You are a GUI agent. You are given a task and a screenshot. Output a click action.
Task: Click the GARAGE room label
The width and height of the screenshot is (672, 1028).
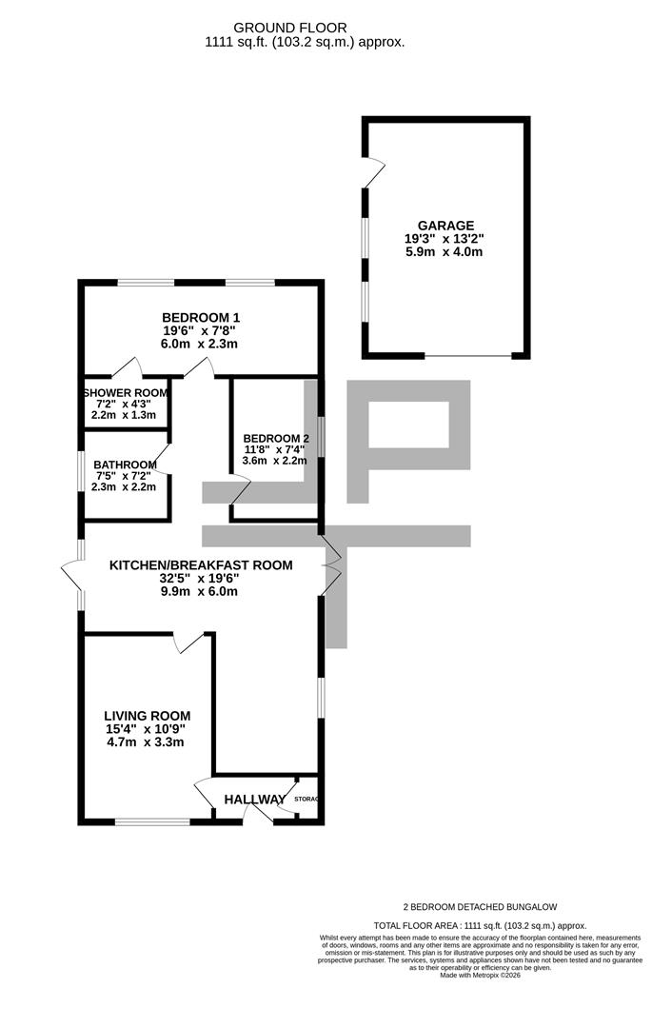[x=445, y=226]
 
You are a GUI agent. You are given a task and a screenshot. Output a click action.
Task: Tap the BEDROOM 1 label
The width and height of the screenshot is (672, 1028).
[x=201, y=317]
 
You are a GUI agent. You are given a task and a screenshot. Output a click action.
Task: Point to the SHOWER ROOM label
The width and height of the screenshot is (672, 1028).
[x=126, y=392]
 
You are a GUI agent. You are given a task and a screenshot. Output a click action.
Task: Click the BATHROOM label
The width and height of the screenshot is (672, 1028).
[x=125, y=464]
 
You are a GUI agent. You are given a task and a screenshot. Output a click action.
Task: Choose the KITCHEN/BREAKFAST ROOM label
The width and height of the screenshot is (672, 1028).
[x=201, y=564]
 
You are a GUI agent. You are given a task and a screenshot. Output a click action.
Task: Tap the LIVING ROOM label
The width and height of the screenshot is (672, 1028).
[x=148, y=716]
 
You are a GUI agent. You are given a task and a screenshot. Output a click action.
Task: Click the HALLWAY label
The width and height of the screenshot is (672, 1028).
[x=254, y=800]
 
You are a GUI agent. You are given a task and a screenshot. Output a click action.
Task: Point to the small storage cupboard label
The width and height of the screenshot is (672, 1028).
[x=306, y=799]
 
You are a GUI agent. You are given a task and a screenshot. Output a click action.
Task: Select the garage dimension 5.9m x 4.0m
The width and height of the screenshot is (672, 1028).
[x=445, y=252]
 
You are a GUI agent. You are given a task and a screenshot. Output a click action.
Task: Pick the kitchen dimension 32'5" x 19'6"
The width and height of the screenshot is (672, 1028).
[x=201, y=578]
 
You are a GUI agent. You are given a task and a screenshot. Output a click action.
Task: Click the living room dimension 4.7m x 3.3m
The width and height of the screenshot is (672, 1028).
[x=147, y=742]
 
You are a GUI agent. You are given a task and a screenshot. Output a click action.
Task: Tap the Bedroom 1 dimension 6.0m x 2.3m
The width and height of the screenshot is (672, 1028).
[x=201, y=344]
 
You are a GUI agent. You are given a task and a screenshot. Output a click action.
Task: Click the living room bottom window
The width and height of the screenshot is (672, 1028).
[x=152, y=821]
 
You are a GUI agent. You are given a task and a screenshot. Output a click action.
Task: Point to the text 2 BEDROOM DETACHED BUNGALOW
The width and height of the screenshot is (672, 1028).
[x=481, y=907]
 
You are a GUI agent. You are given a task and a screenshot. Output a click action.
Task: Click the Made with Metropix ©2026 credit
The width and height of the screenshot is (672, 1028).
[x=481, y=975]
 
